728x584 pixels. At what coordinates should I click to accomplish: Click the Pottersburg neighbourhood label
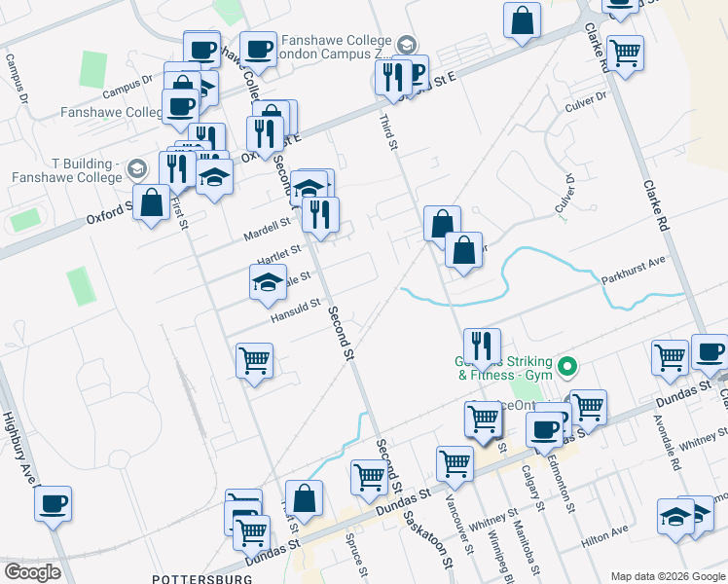[202, 578]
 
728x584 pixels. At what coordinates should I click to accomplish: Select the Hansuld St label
[297, 309]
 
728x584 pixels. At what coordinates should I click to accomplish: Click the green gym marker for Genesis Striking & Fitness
[570, 367]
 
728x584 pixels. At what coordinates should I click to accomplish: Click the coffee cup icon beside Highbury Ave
[54, 504]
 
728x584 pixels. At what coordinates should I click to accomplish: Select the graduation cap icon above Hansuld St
[267, 283]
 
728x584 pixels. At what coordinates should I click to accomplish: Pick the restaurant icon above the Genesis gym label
[482, 345]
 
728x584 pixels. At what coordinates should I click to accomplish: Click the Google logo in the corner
[31, 572]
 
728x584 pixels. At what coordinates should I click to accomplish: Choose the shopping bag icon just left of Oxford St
[152, 203]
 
